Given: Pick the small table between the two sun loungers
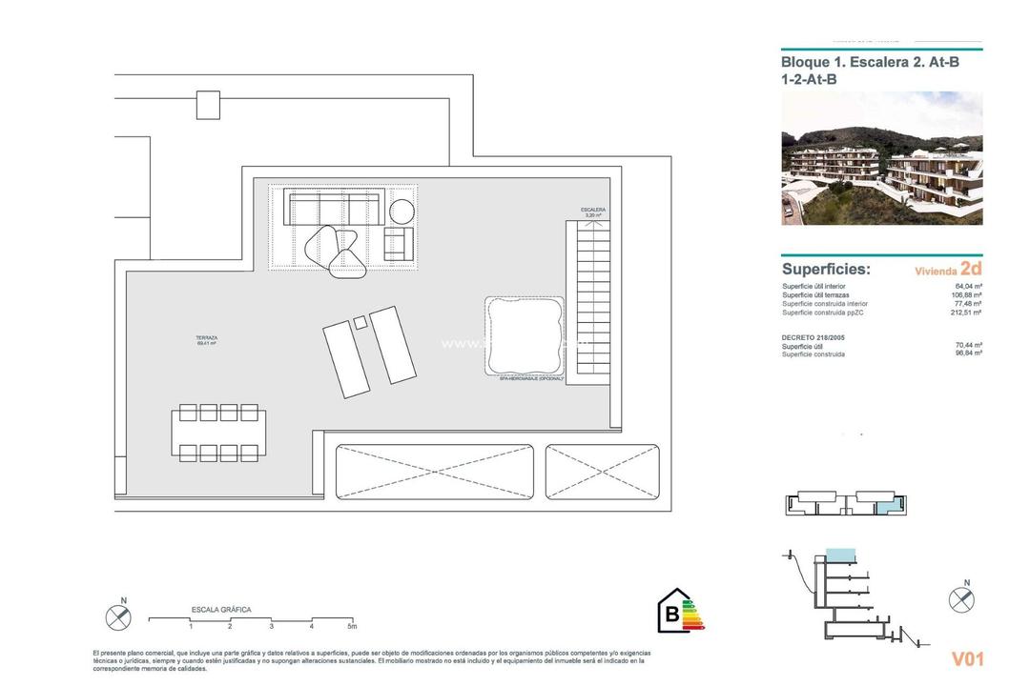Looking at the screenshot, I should pyautogui.click(x=360, y=323).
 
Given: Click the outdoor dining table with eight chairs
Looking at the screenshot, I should pyautogui.click(x=219, y=433).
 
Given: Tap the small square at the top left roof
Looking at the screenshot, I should pyautogui.click(x=209, y=105).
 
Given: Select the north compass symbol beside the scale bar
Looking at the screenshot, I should pyautogui.click(x=117, y=617).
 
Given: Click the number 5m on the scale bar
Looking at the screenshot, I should pyautogui.click(x=352, y=627).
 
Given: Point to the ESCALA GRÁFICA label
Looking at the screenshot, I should pyautogui.click(x=221, y=609).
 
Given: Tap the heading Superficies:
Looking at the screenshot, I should pyautogui.click(x=826, y=270).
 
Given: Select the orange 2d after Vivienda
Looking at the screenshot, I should pyautogui.click(x=972, y=270).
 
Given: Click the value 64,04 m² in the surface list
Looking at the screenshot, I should pyautogui.click(x=969, y=286).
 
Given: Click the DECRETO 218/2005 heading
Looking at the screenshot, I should pyautogui.click(x=814, y=337).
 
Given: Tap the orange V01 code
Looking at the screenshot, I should pyautogui.click(x=967, y=658).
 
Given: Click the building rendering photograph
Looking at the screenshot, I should pyautogui.click(x=881, y=158).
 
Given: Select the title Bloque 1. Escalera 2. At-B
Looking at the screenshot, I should pyautogui.click(x=870, y=63).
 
